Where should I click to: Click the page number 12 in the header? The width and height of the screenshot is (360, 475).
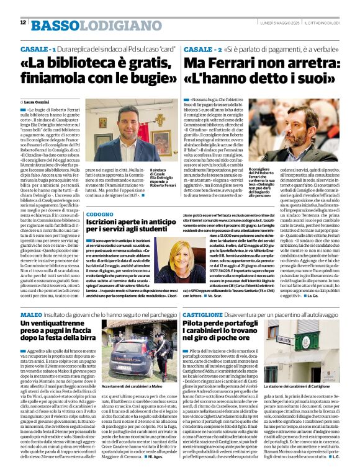tap(23, 22)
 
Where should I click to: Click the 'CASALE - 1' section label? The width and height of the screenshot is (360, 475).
tap(38, 48)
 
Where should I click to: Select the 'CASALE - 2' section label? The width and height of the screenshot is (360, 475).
tap(203, 48)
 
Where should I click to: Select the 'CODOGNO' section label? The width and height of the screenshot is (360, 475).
tap(100, 214)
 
